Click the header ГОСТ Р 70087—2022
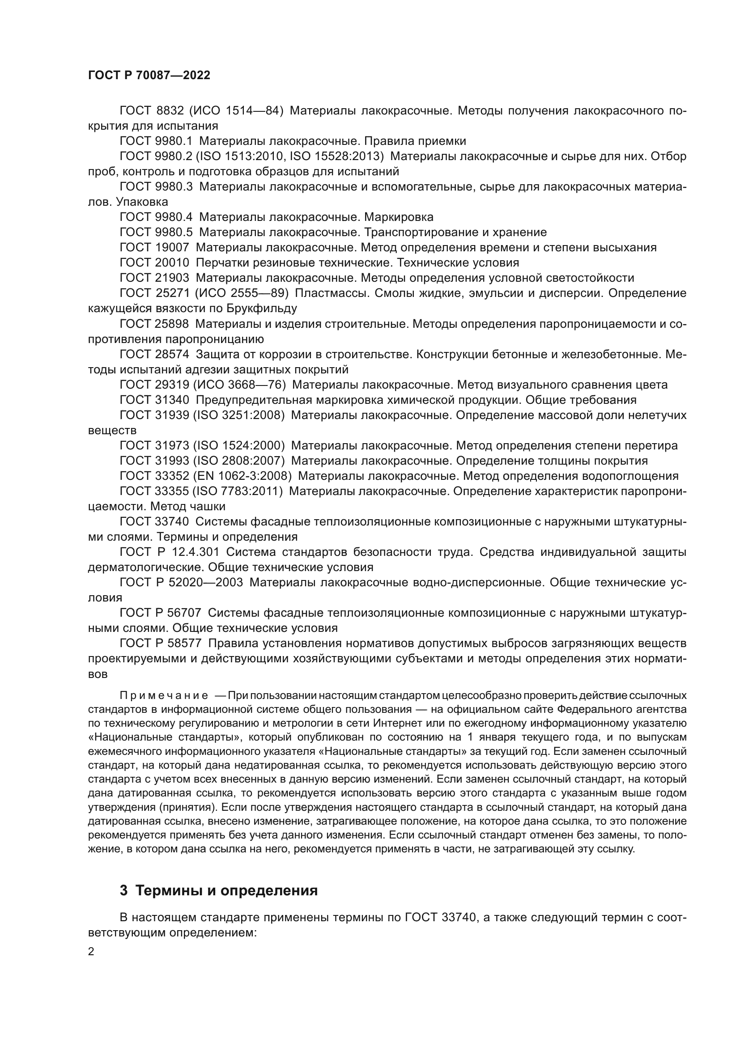click(149, 76)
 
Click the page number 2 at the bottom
click(91, 952)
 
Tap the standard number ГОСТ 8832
click(151, 111)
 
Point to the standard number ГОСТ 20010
click(154, 263)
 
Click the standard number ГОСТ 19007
click(154, 248)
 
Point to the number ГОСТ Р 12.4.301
click(169, 552)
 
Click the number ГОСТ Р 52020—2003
click(181, 583)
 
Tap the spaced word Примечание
click(164, 696)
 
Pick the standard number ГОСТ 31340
click(154, 400)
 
